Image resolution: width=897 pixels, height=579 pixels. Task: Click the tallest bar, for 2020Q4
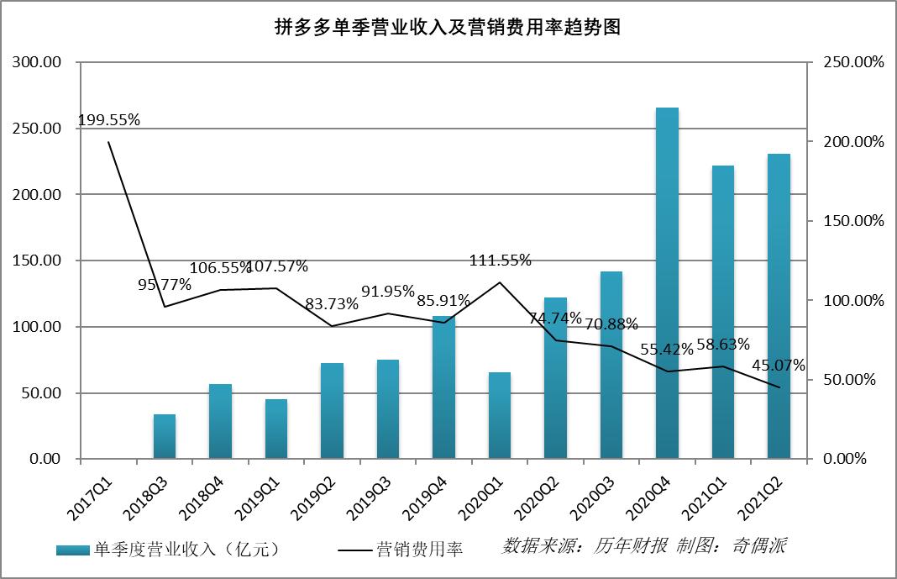[667, 283]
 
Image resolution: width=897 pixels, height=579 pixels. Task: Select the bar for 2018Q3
[165, 436]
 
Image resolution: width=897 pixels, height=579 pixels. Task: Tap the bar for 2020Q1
[500, 415]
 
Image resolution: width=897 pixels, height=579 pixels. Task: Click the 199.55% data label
[108, 120]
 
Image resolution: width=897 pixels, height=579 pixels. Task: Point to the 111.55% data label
[500, 261]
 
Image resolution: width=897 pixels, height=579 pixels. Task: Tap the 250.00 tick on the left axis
[35, 129]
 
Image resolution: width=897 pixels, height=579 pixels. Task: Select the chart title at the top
[448, 27]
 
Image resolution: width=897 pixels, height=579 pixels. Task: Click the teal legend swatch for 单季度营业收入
[73, 550]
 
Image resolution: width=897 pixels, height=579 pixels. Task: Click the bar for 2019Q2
[333, 411]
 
